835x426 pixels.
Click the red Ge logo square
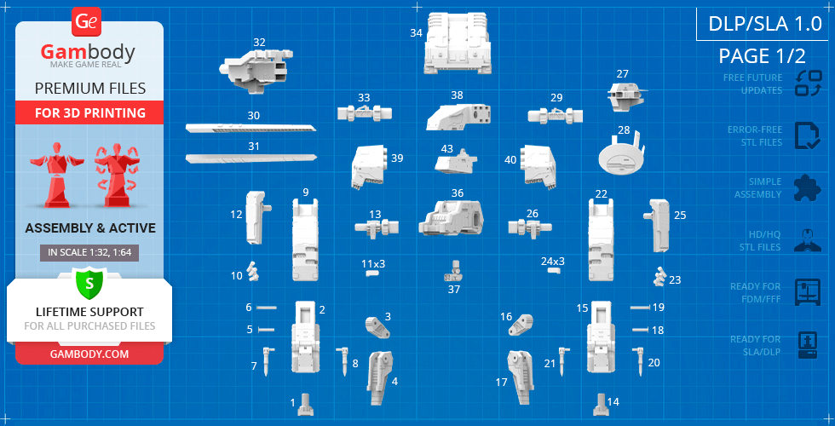85,22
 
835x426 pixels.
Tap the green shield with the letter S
89,283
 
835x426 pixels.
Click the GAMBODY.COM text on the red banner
89,354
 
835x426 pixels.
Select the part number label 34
416,33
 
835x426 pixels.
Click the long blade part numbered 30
250,128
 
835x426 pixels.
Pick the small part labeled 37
453,272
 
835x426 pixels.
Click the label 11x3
373,263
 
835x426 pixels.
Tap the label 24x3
553,262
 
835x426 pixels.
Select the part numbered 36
451,218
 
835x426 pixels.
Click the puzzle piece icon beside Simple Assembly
808,187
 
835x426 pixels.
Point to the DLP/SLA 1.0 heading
765,25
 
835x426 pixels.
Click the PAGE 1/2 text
762,55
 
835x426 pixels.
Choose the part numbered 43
456,162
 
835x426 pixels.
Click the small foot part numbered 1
306,405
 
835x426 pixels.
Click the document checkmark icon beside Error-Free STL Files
808,135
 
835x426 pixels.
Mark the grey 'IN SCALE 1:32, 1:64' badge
89,253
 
